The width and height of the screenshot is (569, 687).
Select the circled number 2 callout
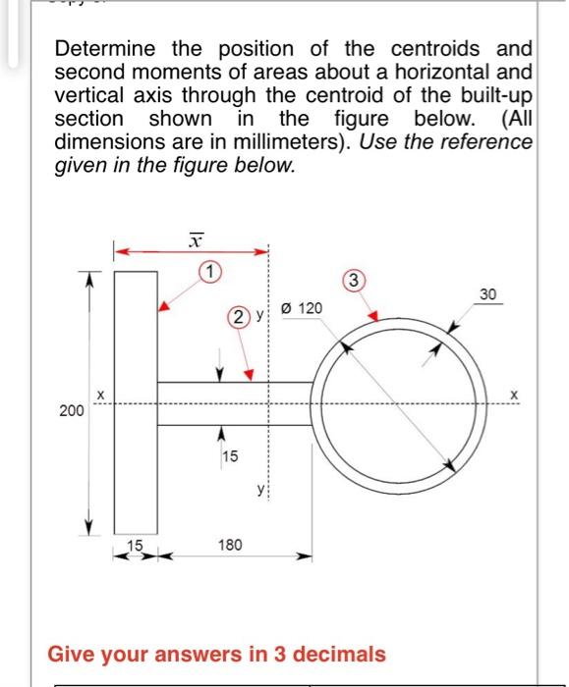pyautogui.click(x=239, y=316)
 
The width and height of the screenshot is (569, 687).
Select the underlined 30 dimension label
pyautogui.click(x=489, y=293)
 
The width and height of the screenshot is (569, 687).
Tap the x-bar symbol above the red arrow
pyautogui.click(x=196, y=238)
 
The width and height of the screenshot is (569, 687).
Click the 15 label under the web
pyautogui.click(x=229, y=455)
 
